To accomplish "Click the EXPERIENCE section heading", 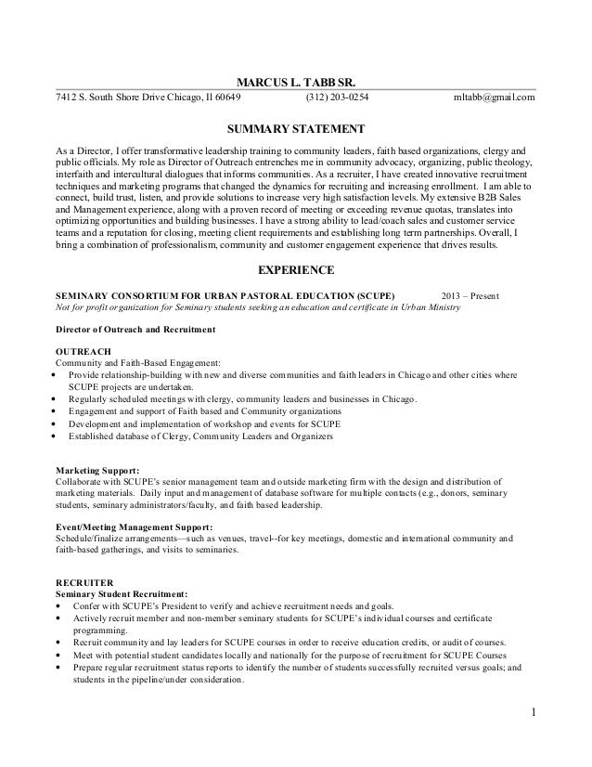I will click(296, 272).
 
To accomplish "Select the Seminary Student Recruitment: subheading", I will click(122, 592).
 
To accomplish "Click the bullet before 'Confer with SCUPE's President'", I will click(60, 605).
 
